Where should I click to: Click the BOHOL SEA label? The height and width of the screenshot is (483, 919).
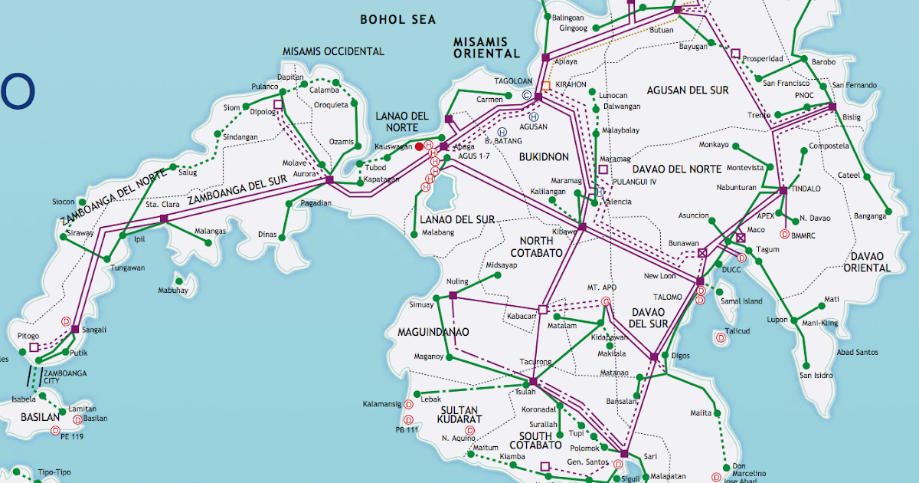pos(397,19)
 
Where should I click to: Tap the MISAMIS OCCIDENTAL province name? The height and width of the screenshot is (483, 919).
pos(333,51)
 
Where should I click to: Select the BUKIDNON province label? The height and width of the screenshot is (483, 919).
pos(544,156)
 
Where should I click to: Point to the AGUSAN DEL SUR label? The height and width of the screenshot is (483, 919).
pos(687,90)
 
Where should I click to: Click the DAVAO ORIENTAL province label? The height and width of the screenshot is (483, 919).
pos(867,261)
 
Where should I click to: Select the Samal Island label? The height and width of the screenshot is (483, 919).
pos(741,301)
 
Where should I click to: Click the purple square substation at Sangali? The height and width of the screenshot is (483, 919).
pos(75,330)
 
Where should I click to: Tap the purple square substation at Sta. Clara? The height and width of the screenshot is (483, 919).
pos(164,219)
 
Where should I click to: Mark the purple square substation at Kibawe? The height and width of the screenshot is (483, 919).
pos(582,227)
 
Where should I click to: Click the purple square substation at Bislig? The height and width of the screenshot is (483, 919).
pos(832,107)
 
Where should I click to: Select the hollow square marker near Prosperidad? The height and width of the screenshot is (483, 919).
pos(736,54)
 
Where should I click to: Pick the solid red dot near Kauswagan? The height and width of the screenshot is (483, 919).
pos(419,146)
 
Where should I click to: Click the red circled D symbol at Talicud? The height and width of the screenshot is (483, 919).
pos(720,337)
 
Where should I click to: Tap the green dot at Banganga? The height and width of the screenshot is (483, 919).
pos(888,211)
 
